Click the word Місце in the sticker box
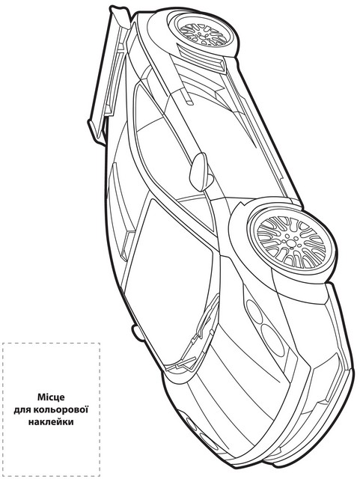pos(51,397)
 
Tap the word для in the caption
pos(22,409)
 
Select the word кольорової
pos(61,409)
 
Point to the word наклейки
pos(51,422)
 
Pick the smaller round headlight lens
pos(254,311)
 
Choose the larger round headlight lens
pos(272,340)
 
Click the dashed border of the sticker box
pos(2,409)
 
